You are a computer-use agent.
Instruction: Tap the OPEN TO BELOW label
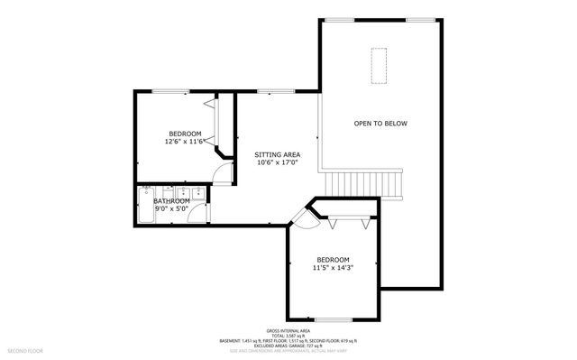380,124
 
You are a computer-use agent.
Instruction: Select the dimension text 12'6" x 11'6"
185,142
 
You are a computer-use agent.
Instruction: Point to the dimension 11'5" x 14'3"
332,268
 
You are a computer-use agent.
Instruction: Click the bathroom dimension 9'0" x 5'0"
171,208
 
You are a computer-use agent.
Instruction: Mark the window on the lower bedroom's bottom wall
333,318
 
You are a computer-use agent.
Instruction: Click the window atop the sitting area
270,90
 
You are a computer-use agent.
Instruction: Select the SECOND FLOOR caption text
26,347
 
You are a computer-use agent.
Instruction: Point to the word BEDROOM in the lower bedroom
332,259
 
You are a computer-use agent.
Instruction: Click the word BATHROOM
171,200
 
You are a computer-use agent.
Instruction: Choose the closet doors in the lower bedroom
347,220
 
